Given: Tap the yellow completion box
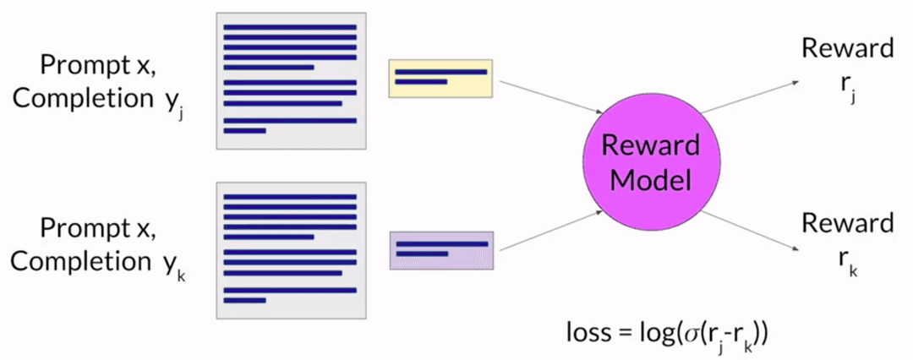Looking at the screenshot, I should click(440, 78).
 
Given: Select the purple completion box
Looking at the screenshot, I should click(440, 250).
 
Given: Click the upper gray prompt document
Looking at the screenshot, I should click(290, 81).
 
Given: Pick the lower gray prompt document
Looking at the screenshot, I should click(290, 250).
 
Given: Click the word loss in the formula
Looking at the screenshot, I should click(588, 333).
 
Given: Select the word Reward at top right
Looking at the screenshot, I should click(847, 48).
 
